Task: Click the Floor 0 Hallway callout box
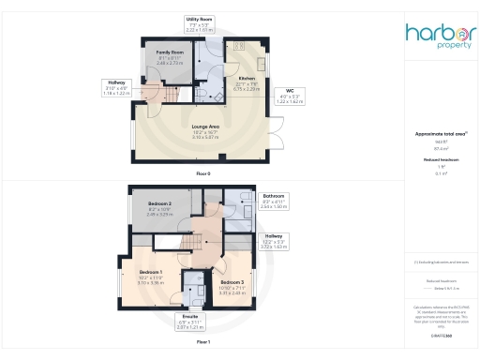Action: (x=119, y=89)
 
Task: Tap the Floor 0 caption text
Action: (x=202, y=174)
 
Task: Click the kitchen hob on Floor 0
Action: (x=239, y=46)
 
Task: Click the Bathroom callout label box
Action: (x=274, y=201)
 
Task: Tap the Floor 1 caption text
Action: (x=202, y=343)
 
